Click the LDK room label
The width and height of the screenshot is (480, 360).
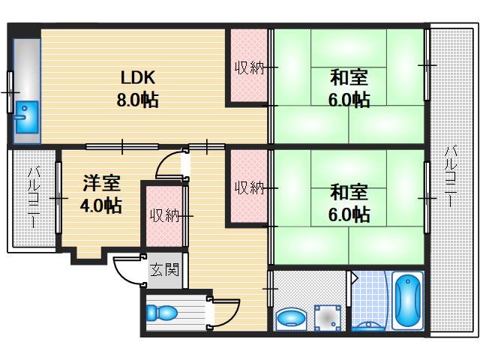pos(138,76)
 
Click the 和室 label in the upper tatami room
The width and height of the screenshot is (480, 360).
pos(349,76)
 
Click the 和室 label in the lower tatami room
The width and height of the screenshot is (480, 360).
pos(349,191)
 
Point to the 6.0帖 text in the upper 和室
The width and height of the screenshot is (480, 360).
pos(349,99)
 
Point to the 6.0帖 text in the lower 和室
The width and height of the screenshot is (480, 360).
pos(349,214)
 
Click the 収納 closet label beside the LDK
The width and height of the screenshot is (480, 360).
pos(248,68)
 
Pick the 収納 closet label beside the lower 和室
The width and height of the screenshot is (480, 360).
pos(248,187)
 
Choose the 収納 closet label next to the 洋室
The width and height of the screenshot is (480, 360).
pos(163,216)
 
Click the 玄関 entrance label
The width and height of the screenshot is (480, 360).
pos(164,269)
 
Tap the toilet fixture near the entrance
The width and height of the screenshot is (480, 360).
pos(162,313)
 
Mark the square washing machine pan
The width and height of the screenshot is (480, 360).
pos(327,318)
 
